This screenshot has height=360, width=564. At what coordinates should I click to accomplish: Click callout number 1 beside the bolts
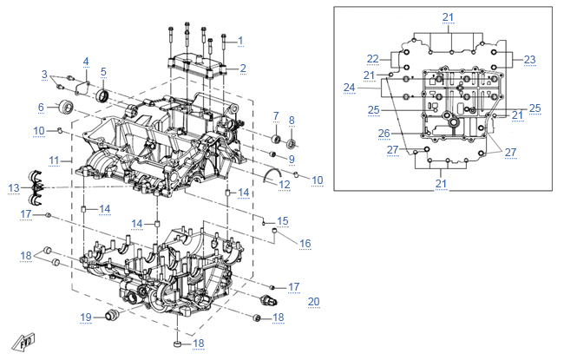click(x=240, y=41)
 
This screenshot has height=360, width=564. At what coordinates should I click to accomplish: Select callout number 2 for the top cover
click(x=243, y=68)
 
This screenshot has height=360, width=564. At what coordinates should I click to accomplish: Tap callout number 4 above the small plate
click(x=86, y=62)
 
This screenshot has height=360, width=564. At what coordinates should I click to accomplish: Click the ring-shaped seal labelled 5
click(x=102, y=96)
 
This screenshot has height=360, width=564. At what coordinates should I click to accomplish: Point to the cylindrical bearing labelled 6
click(x=66, y=107)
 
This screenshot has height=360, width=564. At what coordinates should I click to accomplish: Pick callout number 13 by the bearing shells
click(x=14, y=187)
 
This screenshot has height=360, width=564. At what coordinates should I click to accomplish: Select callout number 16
click(x=305, y=244)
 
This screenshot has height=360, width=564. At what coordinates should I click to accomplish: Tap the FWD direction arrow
click(x=23, y=342)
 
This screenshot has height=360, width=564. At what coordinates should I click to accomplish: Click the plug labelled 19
click(x=111, y=316)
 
